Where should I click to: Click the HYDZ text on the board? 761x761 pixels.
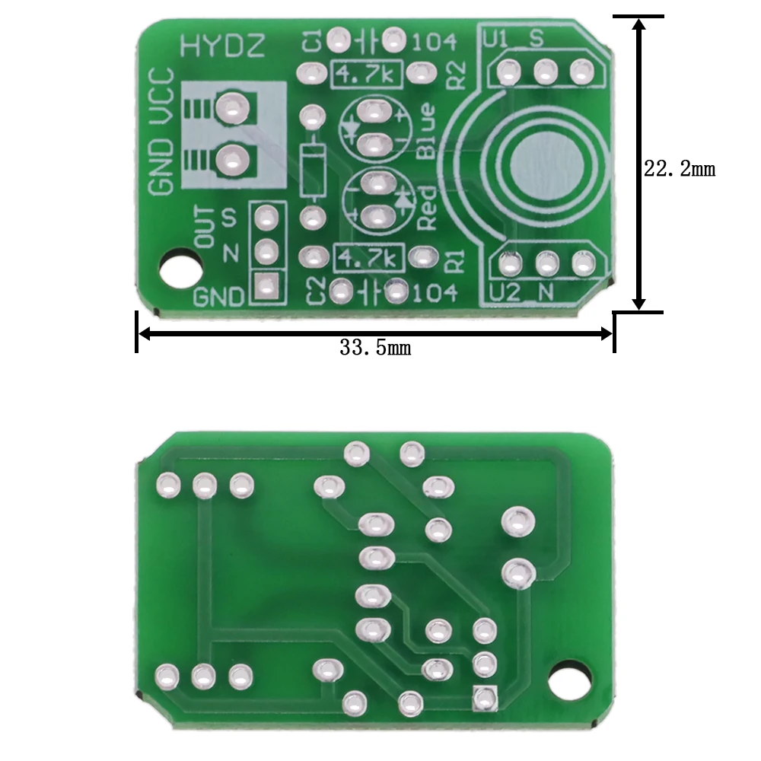(222, 47)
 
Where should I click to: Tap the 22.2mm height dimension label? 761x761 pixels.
(680, 169)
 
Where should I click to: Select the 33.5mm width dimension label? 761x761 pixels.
(375, 349)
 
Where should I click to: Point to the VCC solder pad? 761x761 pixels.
(231, 108)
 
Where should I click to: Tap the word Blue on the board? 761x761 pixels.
(427, 130)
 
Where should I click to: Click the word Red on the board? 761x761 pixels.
(427, 208)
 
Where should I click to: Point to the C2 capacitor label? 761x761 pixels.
(314, 291)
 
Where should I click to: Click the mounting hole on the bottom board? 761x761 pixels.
(571, 679)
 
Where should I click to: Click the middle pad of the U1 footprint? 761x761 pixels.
(545, 72)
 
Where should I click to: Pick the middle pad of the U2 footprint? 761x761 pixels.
(546, 264)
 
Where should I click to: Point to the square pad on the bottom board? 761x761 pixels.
(485, 696)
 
